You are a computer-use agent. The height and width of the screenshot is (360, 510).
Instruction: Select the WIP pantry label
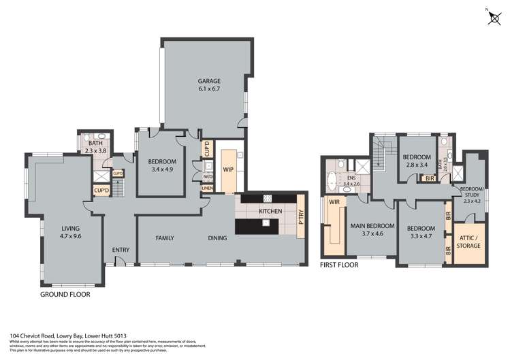[x=228, y=169]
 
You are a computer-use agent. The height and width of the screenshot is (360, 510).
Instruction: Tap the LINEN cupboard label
[x=207, y=189]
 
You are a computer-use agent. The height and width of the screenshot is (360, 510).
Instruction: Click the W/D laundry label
[x=207, y=178]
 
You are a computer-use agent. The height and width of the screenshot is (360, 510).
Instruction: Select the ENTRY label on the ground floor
[x=121, y=250]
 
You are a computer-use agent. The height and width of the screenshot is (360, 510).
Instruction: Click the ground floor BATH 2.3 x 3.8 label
[x=95, y=147]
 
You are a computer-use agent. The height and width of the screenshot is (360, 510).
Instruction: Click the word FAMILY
[x=165, y=238]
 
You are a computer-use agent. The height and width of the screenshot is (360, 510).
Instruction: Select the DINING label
[x=217, y=238]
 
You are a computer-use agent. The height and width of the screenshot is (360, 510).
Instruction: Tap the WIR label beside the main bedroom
[x=334, y=202]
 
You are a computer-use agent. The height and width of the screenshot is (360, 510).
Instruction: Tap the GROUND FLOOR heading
[x=65, y=295]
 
